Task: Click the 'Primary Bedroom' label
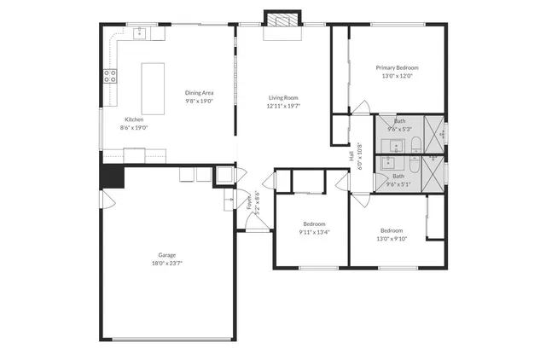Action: (x=397, y=67)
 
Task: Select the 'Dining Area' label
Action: (x=199, y=92)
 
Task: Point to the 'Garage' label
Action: (x=166, y=255)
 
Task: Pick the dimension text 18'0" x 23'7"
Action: (x=166, y=264)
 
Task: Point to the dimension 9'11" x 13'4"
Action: (x=314, y=232)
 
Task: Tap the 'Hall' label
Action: (x=351, y=155)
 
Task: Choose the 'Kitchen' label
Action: (x=134, y=119)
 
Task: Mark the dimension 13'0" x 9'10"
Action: (x=392, y=239)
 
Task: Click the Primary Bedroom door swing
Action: (x=363, y=109)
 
